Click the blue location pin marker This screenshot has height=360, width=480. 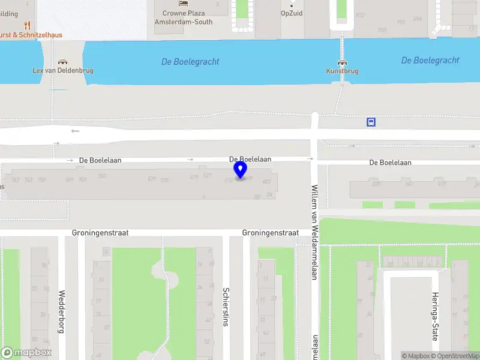point(241,170)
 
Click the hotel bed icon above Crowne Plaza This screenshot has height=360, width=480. point(183,3)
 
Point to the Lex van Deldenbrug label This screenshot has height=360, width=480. point(62,71)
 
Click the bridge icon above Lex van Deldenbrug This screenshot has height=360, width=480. point(62,61)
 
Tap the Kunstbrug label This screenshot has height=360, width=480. point(342,71)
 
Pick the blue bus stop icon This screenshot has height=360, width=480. point(371,122)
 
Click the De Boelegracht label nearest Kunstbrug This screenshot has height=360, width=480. point(430,60)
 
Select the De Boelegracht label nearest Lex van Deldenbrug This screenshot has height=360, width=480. point(190,62)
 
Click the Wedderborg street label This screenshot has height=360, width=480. point(61,312)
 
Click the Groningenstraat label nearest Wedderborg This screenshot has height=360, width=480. point(100,233)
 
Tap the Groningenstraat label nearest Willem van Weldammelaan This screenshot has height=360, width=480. point(270,233)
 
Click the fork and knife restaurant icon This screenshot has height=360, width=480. point(27,25)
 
